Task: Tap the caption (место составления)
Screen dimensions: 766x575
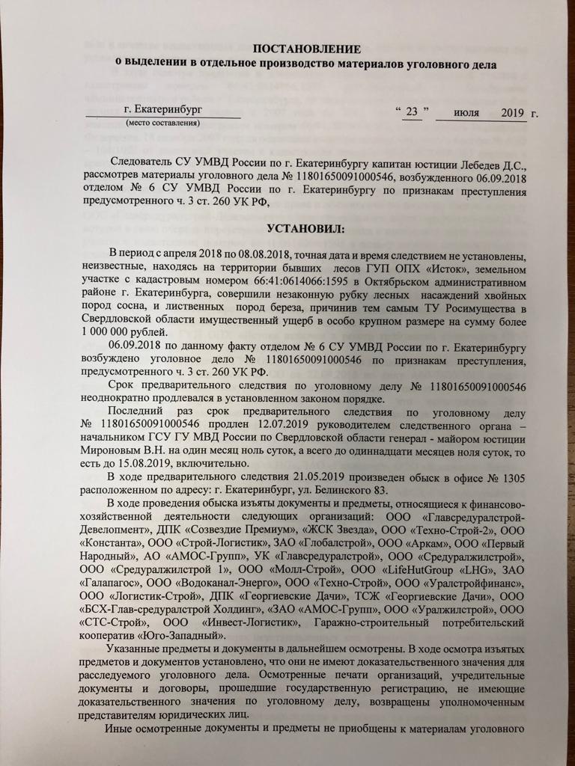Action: (x=162, y=123)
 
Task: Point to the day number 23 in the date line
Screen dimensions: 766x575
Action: (x=411, y=112)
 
